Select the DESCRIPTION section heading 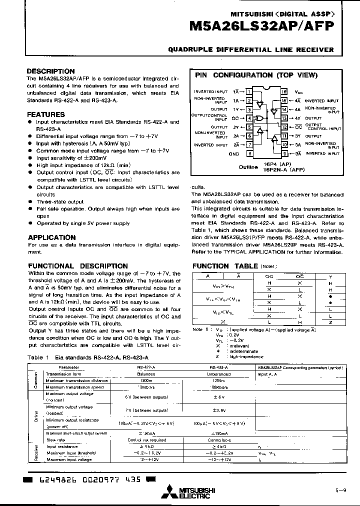pyautogui.click(x=50, y=71)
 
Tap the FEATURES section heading pyautogui.click(x=46, y=114)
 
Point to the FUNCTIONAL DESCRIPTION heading pyautogui.click(x=78, y=266)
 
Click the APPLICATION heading pyautogui.click(x=51, y=237)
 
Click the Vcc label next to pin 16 pyautogui.click(x=298, y=92)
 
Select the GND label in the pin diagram pyautogui.click(x=234, y=153)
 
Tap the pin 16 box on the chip pyautogui.click(x=284, y=92)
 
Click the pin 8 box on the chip pyautogui.click(x=248, y=153)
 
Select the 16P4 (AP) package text pyautogui.click(x=277, y=163)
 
